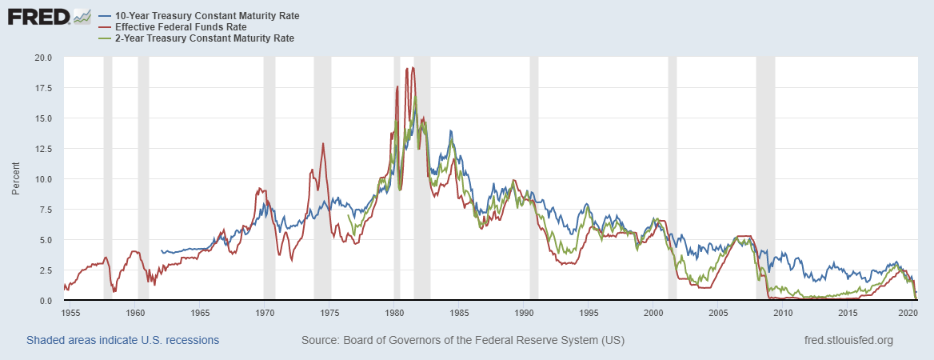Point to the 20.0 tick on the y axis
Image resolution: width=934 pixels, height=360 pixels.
[x=42, y=58]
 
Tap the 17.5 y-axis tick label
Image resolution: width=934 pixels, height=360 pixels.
[x=42, y=88]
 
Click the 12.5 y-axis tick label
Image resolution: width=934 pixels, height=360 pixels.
[x=42, y=149]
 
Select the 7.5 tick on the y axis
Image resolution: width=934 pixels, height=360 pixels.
[x=45, y=210]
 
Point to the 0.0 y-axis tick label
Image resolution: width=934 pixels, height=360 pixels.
[x=45, y=301]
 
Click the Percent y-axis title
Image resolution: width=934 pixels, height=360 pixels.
[x=15, y=179]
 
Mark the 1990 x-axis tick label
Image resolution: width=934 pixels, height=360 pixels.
[x=523, y=313]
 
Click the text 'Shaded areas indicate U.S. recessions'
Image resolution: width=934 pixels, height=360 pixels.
[x=122, y=341]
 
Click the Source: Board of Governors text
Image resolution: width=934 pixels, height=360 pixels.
[x=463, y=341]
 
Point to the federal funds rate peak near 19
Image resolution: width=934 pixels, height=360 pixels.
[x=407, y=69]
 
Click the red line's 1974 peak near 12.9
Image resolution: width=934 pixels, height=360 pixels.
[x=323, y=144]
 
